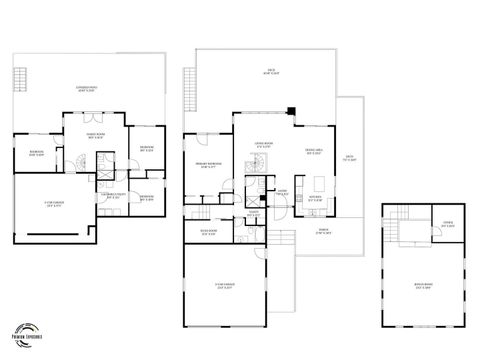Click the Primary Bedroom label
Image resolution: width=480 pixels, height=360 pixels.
[x=207, y=166]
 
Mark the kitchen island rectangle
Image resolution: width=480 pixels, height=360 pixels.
[x=321, y=186]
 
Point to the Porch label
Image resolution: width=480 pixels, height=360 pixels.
[x=322, y=233]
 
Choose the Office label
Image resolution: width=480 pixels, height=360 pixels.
[x=447, y=225]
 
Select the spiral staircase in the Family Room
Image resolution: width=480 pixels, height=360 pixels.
[x=69, y=160]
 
